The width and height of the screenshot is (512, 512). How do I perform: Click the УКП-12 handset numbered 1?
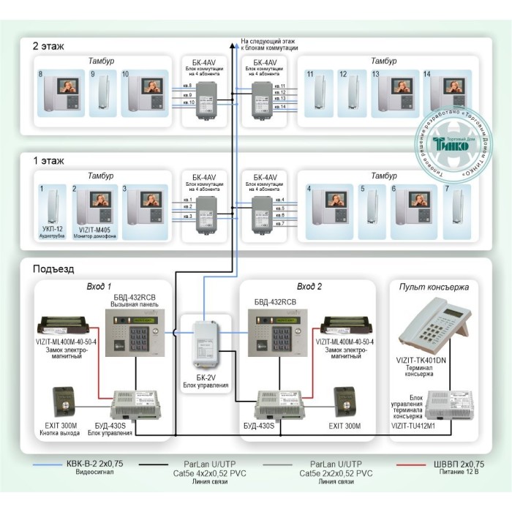click(52, 208)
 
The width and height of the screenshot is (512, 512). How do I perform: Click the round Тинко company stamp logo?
click(449, 146)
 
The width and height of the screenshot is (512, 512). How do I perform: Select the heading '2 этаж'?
click(48, 46)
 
